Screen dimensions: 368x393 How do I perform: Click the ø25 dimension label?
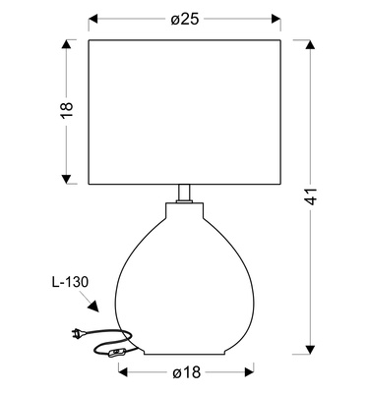point(185,20)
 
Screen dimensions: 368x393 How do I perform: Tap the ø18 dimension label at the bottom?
point(186,372)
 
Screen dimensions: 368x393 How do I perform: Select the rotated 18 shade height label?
point(67,110)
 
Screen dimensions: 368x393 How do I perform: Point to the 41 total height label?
point(311,196)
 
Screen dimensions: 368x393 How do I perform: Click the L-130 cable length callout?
point(70,282)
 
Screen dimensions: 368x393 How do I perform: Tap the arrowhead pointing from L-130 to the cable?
point(93,307)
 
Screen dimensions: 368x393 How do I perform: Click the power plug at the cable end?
point(79,333)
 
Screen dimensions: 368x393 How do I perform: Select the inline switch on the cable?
point(116,354)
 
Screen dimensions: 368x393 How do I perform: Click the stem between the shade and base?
point(184,194)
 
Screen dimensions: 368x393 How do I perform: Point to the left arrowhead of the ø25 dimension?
point(93,19)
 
